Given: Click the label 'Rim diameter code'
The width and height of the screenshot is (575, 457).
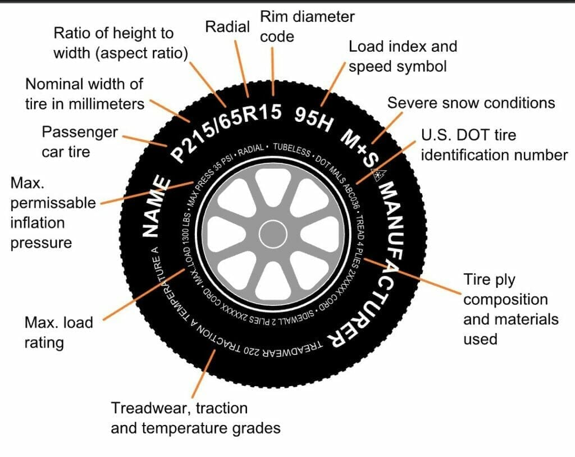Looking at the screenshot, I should (x=307, y=26).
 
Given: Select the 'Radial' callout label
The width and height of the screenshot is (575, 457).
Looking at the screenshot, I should (x=227, y=26).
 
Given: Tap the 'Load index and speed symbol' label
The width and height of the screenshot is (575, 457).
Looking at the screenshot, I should (x=403, y=56).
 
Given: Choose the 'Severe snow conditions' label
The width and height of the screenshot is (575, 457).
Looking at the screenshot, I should (x=471, y=103).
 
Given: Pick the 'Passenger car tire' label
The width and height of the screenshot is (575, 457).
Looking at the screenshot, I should (x=80, y=141).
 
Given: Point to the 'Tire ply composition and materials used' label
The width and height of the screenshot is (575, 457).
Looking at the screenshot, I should (x=510, y=309).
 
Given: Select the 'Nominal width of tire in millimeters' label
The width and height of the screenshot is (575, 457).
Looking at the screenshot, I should (x=84, y=94).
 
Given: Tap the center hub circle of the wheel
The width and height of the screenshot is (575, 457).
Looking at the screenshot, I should (x=272, y=235).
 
